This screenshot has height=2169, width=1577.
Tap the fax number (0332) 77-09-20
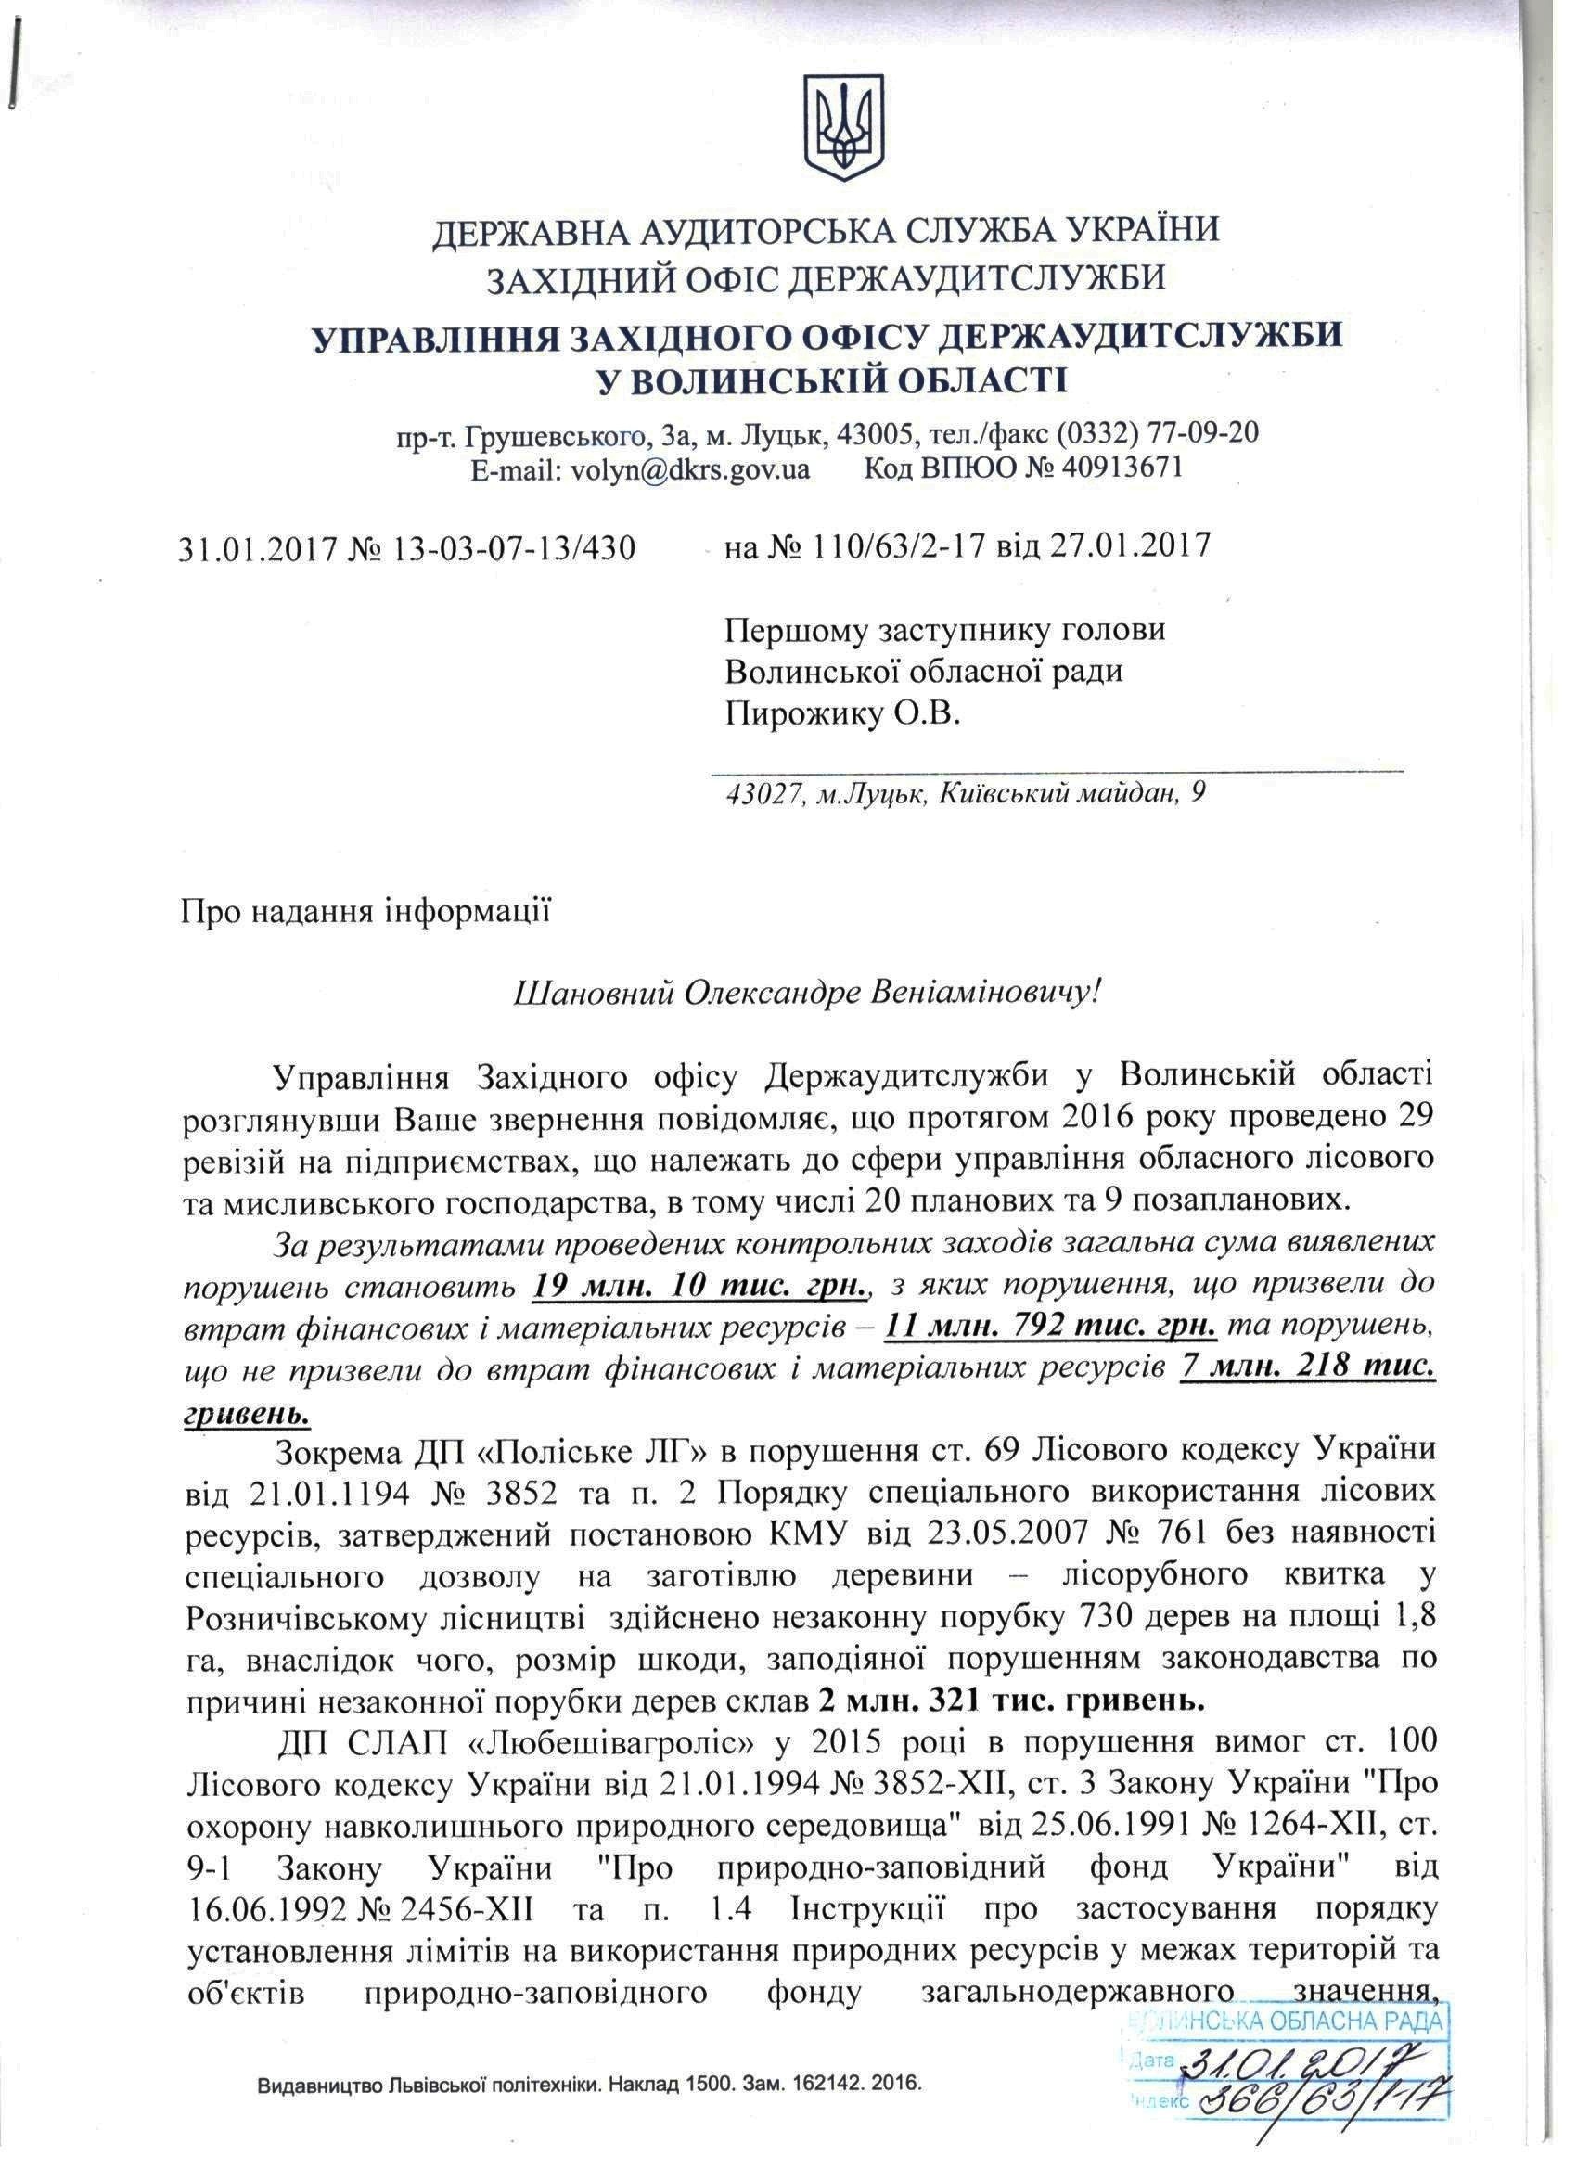[1157, 433]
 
